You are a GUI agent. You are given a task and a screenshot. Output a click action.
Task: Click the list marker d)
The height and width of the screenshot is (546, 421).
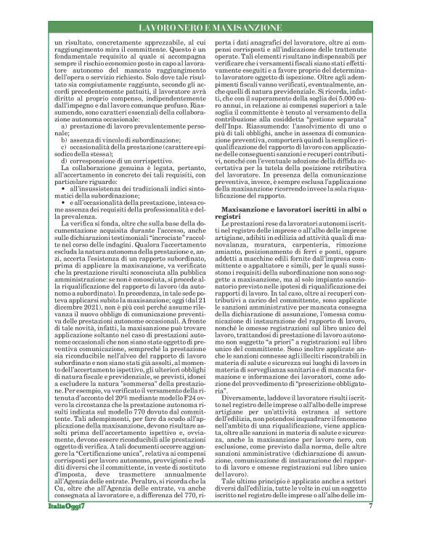click(x=65, y=160)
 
